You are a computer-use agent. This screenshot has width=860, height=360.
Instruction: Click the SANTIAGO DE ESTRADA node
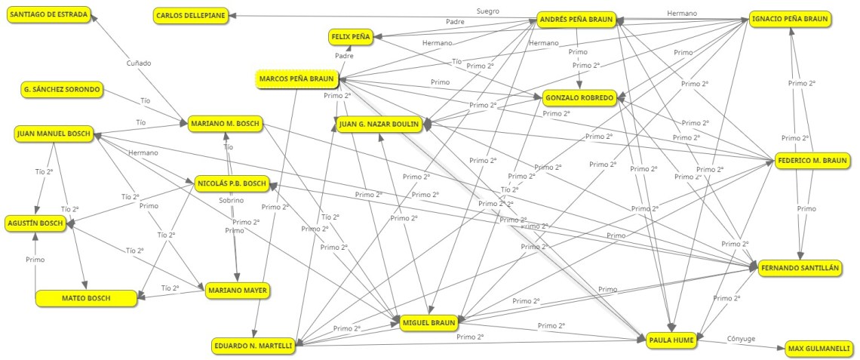click(x=48, y=14)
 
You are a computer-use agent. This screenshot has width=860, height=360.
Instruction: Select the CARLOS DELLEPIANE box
click(x=191, y=16)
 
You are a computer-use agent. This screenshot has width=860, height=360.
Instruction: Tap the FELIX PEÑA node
click(x=349, y=36)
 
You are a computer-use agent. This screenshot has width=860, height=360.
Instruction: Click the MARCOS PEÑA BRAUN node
click(x=296, y=78)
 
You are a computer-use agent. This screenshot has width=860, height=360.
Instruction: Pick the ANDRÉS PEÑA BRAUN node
click(x=576, y=19)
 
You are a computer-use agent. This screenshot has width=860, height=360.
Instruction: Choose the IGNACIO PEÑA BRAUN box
click(x=789, y=19)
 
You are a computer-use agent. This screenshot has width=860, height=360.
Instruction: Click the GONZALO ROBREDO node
click(x=579, y=98)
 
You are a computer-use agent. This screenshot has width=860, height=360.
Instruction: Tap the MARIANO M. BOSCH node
click(x=225, y=124)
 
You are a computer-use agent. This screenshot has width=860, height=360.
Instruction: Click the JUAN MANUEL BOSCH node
click(x=53, y=134)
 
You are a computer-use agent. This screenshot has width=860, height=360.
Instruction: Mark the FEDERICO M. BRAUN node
click(x=813, y=160)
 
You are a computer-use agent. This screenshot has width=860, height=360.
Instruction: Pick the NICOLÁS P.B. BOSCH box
click(x=231, y=183)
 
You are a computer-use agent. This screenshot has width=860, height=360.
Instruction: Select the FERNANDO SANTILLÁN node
click(x=799, y=268)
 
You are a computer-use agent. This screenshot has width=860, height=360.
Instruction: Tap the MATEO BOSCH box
click(x=86, y=298)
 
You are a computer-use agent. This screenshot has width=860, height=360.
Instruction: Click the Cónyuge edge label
click(x=741, y=339)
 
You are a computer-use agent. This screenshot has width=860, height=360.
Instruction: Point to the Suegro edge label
click(x=488, y=11)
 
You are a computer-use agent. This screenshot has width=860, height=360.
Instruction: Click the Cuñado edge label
click(x=138, y=63)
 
